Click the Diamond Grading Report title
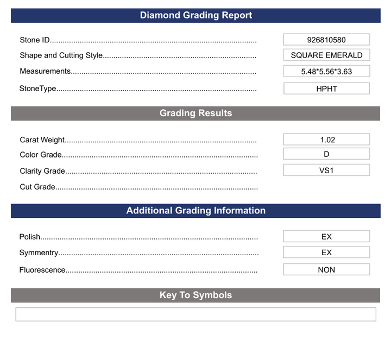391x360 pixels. [195, 15]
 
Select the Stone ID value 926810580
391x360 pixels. [326, 40]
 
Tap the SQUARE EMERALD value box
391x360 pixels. [326, 55]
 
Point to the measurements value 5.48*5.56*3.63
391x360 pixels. [326, 71]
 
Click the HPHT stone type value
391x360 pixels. [326, 89]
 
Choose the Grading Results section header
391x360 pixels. [195, 113]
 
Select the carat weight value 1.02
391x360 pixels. [326, 140]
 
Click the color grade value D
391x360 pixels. [326, 154]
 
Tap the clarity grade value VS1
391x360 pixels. [326, 170]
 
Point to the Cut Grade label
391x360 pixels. [37, 187]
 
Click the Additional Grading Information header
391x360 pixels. [195, 210]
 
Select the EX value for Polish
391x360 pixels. [326, 237]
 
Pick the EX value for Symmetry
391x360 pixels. [326, 252]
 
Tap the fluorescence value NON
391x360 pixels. [326, 269]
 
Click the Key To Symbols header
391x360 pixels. [195, 295]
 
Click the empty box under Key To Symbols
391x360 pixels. [195, 314]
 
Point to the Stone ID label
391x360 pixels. [35, 40]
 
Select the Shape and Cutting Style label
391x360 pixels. [61, 55]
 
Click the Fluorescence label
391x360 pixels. [42, 270]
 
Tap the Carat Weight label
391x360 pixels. [42, 140]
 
